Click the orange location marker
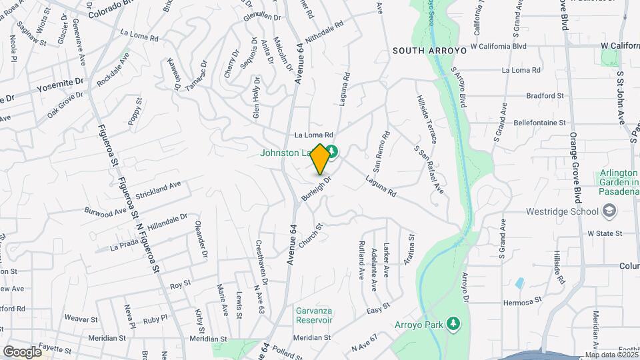point(320,159)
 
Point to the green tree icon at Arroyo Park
point(454,323)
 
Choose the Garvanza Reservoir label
point(314,315)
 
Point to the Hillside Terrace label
point(426,119)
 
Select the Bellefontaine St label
point(540,123)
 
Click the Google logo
point(22,351)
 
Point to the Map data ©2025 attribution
point(611,355)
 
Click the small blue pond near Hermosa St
point(519,283)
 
